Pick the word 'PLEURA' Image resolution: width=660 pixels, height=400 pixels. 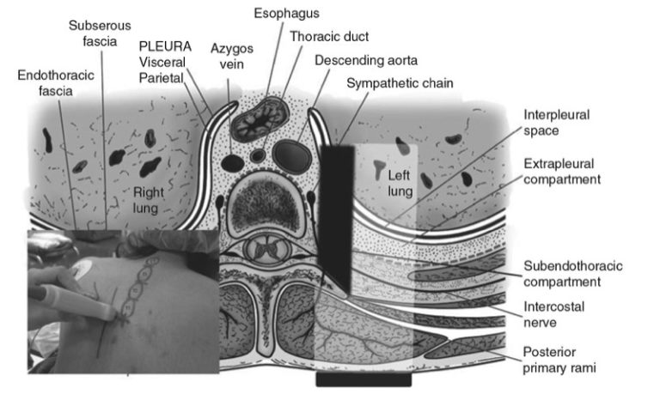[x=161, y=47]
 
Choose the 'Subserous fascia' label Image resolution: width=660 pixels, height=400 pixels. [x=100, y=33]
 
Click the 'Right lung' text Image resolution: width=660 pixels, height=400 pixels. [x=147, y=199]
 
